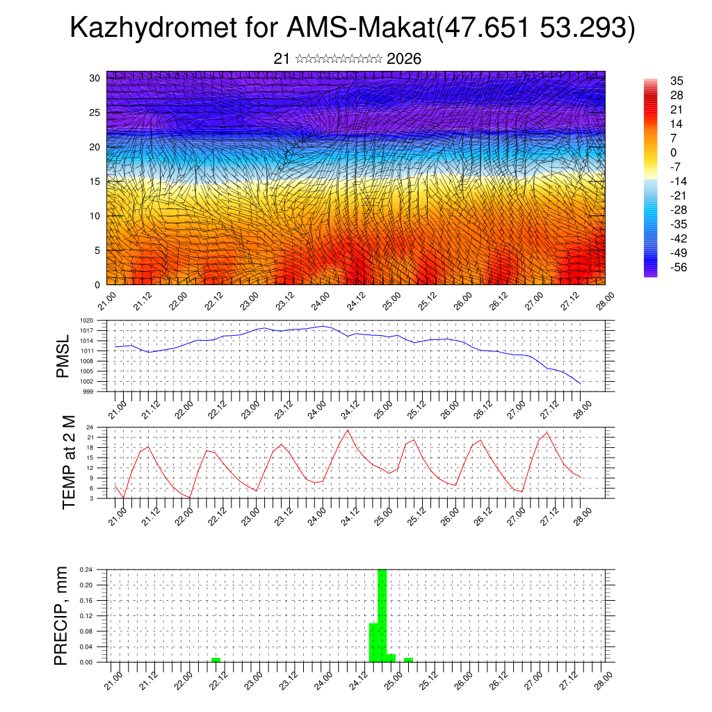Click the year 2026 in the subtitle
click(x=404, y=59)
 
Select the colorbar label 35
click(x=677, y=81)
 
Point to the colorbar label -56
click(x=674, y=266)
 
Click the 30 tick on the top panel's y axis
click(x=95, y=78)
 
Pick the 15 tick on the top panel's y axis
click(x=95, y=181)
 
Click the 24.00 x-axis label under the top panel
click(x=321, y=304)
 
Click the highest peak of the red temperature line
click(x=348, y=430)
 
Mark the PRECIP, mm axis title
click(x=63, y=615)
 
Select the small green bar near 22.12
click(x=216, y=659)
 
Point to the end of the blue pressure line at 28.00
click(x=581, y=383)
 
